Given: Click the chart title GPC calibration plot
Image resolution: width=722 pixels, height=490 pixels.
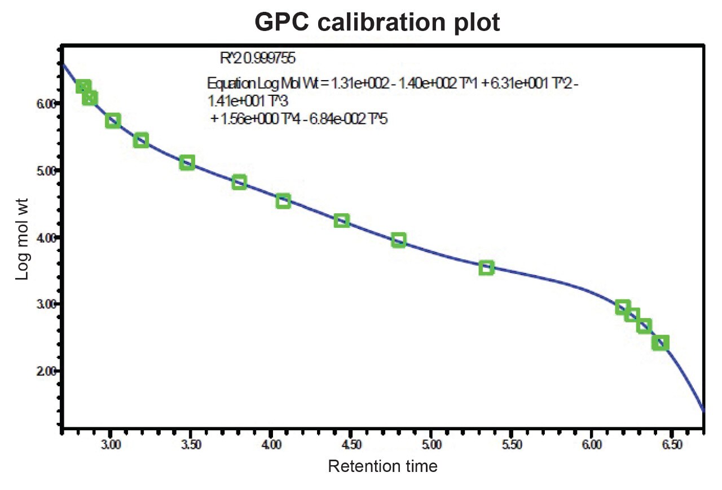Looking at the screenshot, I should [x=377, y=22].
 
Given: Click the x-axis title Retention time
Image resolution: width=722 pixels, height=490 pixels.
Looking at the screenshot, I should [x=382, y=467].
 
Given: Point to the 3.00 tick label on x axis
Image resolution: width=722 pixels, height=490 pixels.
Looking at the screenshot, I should [x=111, y=445].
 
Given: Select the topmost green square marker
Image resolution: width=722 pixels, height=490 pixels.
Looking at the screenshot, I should [x=83, y=86].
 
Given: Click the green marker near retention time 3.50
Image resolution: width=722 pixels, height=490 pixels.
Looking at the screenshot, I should [x=187, y=163].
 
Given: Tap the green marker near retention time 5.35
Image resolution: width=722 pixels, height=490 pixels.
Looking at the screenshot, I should [x=486, y=268].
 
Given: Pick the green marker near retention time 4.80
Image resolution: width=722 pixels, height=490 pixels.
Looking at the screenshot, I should [x=398, y=240].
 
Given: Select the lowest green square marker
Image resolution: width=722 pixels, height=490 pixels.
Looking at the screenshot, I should [x=661, y=343].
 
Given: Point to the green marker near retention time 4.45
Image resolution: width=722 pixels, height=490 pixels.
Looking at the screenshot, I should [x=341, y=220].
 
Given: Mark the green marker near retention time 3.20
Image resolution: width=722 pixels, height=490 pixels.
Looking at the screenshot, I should [x=141, y=140].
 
